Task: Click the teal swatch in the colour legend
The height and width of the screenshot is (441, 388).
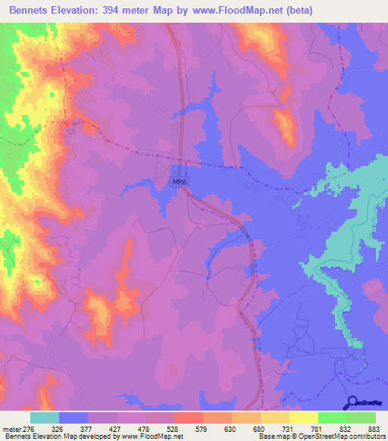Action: tap(45, 418)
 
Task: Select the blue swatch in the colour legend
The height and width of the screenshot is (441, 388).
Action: tap(74, 418)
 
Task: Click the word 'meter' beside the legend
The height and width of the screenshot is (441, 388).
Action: tap(11, 429)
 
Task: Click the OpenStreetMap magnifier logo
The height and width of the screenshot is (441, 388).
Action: tap(353, 403)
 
